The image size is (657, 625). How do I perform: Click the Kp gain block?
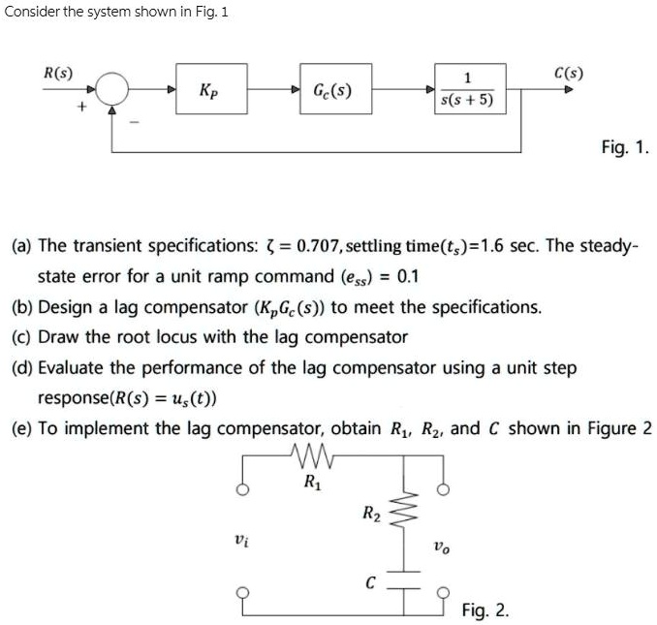click(x=210, y=90)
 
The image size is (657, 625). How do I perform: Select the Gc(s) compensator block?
click(x=332, y=92)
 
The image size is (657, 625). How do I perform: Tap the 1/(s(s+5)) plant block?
click(x=467, y=90)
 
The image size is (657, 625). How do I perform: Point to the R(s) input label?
click(x=57, y=73)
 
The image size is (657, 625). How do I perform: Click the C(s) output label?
click(x=568, y=73)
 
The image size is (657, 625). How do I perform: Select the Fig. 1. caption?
click(x=625, y=147)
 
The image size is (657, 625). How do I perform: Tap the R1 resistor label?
click(x=312, y=481)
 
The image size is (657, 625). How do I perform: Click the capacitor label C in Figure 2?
click(x=369, y=583)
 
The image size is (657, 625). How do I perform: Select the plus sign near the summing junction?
click(x=81, y=109)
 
